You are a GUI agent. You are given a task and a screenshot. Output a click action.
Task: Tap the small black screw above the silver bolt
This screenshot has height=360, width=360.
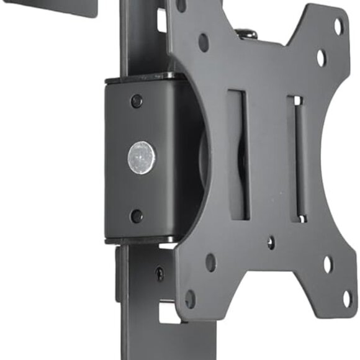[137, 101]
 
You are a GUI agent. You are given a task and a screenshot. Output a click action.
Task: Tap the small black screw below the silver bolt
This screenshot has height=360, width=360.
[137, 215]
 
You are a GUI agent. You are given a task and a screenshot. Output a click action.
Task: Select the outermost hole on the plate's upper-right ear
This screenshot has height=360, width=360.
[338, 27]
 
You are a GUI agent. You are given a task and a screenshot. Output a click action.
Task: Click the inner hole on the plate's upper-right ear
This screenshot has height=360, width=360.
[320, 58]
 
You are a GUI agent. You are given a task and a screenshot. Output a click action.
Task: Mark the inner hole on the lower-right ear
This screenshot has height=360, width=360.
[328, 265]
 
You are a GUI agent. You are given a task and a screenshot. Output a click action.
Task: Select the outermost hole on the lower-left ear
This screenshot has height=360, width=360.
[191, 299]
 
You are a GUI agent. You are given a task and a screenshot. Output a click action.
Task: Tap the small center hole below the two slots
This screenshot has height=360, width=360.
[271, 243]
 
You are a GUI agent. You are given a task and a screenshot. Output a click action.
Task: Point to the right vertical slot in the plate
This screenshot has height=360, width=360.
[297, 158]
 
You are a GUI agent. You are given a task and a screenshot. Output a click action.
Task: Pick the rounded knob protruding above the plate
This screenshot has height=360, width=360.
[248, 32]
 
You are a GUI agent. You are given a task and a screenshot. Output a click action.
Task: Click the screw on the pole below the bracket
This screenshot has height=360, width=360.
[160, 273]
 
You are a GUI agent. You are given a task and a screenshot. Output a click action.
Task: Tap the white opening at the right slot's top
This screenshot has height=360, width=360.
[297, 101]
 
